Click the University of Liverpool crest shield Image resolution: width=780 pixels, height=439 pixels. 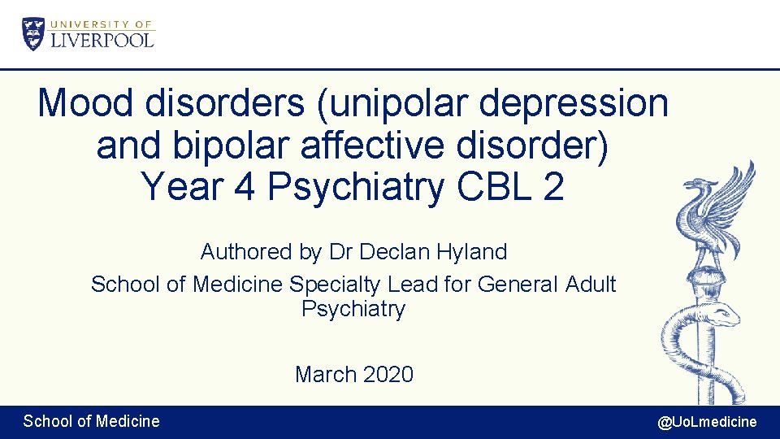[x=33, y=34]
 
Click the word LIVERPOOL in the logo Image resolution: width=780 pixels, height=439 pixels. [x=102, y=39]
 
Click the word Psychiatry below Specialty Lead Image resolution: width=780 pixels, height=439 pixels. [x=353, y=310]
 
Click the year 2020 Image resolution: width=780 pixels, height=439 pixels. [x=388, y=375]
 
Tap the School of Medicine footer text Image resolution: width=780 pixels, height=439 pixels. [x=91, y=421]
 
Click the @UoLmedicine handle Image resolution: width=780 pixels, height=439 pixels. [x=707, y=422]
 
